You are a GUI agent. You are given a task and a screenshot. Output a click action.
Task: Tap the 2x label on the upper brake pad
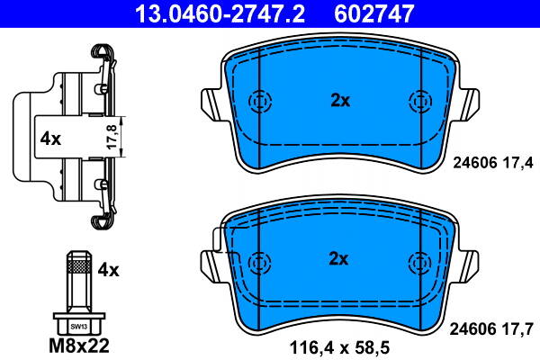point(338,101)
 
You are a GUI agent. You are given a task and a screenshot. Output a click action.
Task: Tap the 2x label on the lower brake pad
point(338,259)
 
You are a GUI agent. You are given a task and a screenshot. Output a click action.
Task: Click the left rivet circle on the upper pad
point(260,101)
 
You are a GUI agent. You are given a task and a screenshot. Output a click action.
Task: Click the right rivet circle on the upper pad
point(418,101)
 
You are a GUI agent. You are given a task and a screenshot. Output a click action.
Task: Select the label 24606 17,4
point(490,162)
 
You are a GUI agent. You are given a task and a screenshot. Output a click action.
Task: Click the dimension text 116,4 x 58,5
point(338,345)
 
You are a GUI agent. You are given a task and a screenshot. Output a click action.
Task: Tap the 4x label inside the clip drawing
point(49,139)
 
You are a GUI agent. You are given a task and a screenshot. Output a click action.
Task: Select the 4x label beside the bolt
point(109,268)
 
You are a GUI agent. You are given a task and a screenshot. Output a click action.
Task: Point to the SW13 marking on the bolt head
point(79,325)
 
